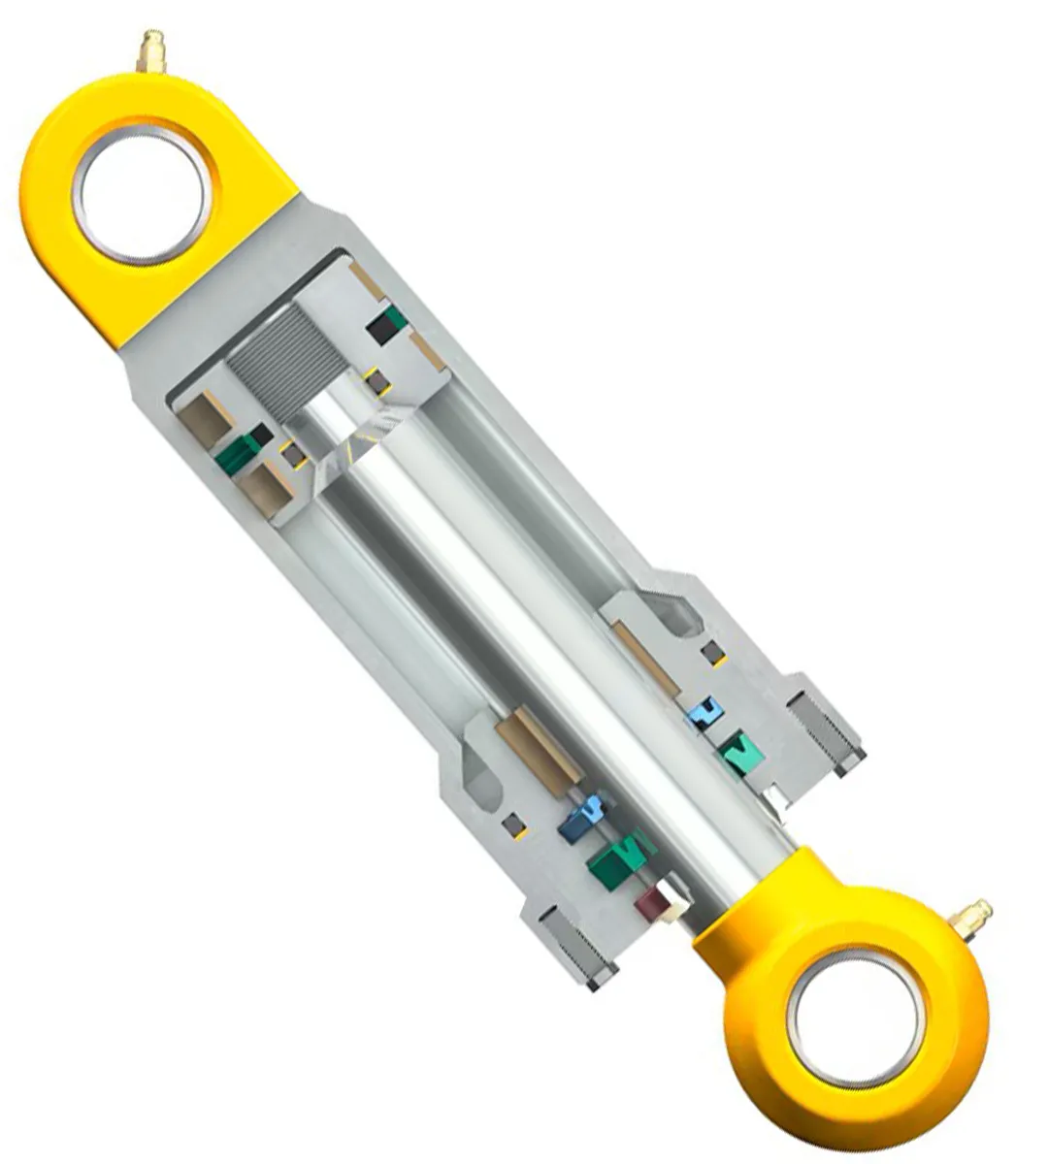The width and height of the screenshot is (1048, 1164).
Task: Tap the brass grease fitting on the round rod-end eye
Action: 971,918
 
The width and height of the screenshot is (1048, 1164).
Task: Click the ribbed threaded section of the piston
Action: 276,364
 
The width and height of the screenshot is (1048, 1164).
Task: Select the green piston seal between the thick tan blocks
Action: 242,451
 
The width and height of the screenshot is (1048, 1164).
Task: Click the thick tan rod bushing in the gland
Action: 540,746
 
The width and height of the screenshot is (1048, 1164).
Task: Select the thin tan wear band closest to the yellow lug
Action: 368,281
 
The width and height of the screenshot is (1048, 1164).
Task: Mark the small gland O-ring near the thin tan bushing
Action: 713,651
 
